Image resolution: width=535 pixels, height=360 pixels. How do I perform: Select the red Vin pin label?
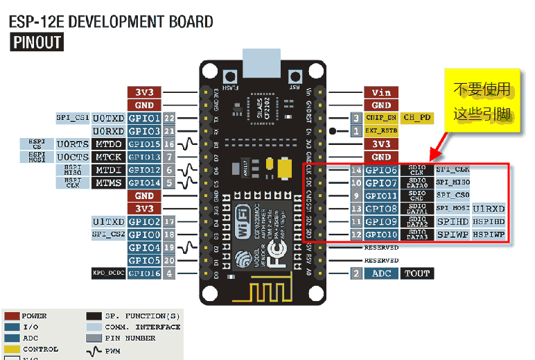coord(381,92)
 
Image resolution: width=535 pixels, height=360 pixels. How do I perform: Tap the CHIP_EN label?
coord(380,118)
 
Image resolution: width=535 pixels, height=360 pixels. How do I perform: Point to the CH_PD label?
coord(418,118)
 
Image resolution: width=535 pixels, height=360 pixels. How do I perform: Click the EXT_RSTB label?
coord(380,130)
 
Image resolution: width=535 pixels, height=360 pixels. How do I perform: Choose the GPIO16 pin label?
coord(144,273)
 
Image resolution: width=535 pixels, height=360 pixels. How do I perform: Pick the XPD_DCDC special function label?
coord(108,273)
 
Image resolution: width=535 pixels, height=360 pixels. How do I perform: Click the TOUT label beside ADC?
coord(418,273)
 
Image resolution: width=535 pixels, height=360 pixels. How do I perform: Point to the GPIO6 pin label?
coord(381,170)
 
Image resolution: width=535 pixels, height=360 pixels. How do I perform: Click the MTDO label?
coord(109,144)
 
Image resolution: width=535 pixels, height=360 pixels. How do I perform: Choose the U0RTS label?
coord(73,144)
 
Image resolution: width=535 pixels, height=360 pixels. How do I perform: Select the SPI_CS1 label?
coord(73,118)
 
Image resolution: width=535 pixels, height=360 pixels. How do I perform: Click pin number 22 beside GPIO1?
coord(169,118)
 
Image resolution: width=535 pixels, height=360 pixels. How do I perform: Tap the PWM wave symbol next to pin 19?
coord(188,248)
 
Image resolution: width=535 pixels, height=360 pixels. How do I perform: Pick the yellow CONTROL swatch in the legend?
coord(11,349)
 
